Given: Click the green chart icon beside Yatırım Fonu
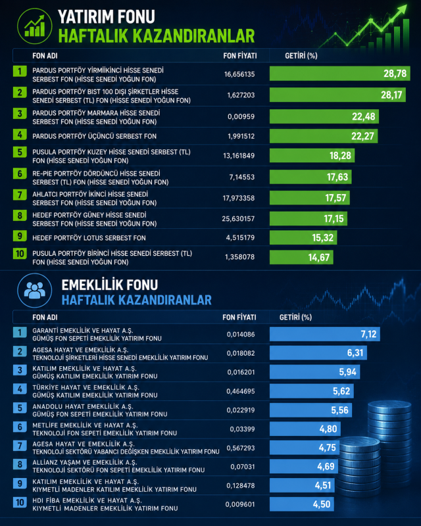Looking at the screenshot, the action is pos(35,26).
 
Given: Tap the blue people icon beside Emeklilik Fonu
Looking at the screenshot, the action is pos(35,291).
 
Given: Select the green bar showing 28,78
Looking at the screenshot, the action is pos(339,74).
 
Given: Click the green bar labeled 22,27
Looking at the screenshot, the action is pos(324,136).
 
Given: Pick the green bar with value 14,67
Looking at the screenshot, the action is pos(301,257).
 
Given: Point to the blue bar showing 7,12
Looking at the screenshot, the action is pos(325,334).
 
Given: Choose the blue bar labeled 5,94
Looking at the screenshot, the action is pos(314,372).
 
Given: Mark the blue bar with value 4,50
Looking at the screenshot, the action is pos(301,504).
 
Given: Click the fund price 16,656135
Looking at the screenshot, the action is pos(239,74).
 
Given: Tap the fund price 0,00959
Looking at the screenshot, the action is pos(241,117).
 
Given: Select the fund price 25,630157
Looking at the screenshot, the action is pos(238,219).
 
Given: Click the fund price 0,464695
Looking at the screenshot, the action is pos(240,391).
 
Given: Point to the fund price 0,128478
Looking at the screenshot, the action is pos(240,485).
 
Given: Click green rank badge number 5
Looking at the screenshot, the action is pos(20,153).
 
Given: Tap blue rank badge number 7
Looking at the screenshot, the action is pos(20,446).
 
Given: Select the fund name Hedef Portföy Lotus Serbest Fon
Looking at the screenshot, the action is pos(89,238).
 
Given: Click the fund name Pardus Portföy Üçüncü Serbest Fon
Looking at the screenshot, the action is pos(94,136).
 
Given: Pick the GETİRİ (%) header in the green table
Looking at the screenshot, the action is pos(301,56).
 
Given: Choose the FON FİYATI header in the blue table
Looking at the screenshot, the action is pos(239,318).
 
